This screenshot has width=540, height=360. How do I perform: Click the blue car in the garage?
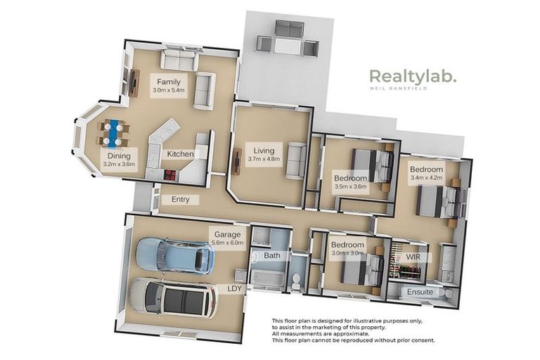pyautogui.click(x=174, y=255)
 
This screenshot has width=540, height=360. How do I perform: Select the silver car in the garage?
pyautogui.click(x=172, y=298)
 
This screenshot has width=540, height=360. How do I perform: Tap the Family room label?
pyautogui.click(x=169, y=82)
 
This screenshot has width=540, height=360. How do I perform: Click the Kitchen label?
pyautogui.click(x=179, y=154)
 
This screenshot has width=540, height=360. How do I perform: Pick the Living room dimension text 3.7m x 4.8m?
pyautogui.click(x=264, y=159)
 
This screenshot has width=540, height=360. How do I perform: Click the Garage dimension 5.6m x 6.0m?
pyautogui.click(x=227, y=243)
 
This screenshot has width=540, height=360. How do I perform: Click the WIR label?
pyautogui.click(x=411, y=257)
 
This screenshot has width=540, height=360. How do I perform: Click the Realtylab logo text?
pyautogui.click(x=413, y=76)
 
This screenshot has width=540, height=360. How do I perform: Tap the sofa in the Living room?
pyautogui.click(x=295, y=160)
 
